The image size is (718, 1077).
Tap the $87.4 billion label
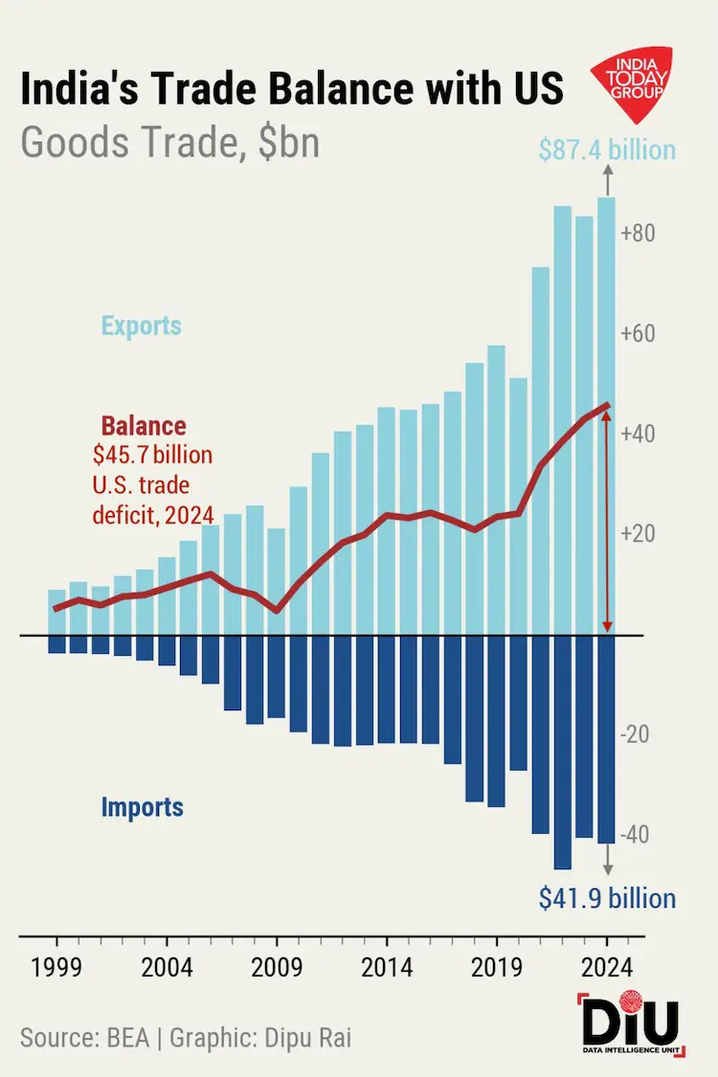[x=607, y=150]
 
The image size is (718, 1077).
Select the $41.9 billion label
[x=607, y=899]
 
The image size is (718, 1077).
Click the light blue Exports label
[x=142, y=325]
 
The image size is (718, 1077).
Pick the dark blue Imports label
[x=142, y=807]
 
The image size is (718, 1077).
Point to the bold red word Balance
[x=144, y=426]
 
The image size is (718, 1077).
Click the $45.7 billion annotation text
[x=153, y=454]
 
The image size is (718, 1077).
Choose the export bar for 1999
[x=56, y=613]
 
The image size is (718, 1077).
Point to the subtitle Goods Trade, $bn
[x=169, y=142]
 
